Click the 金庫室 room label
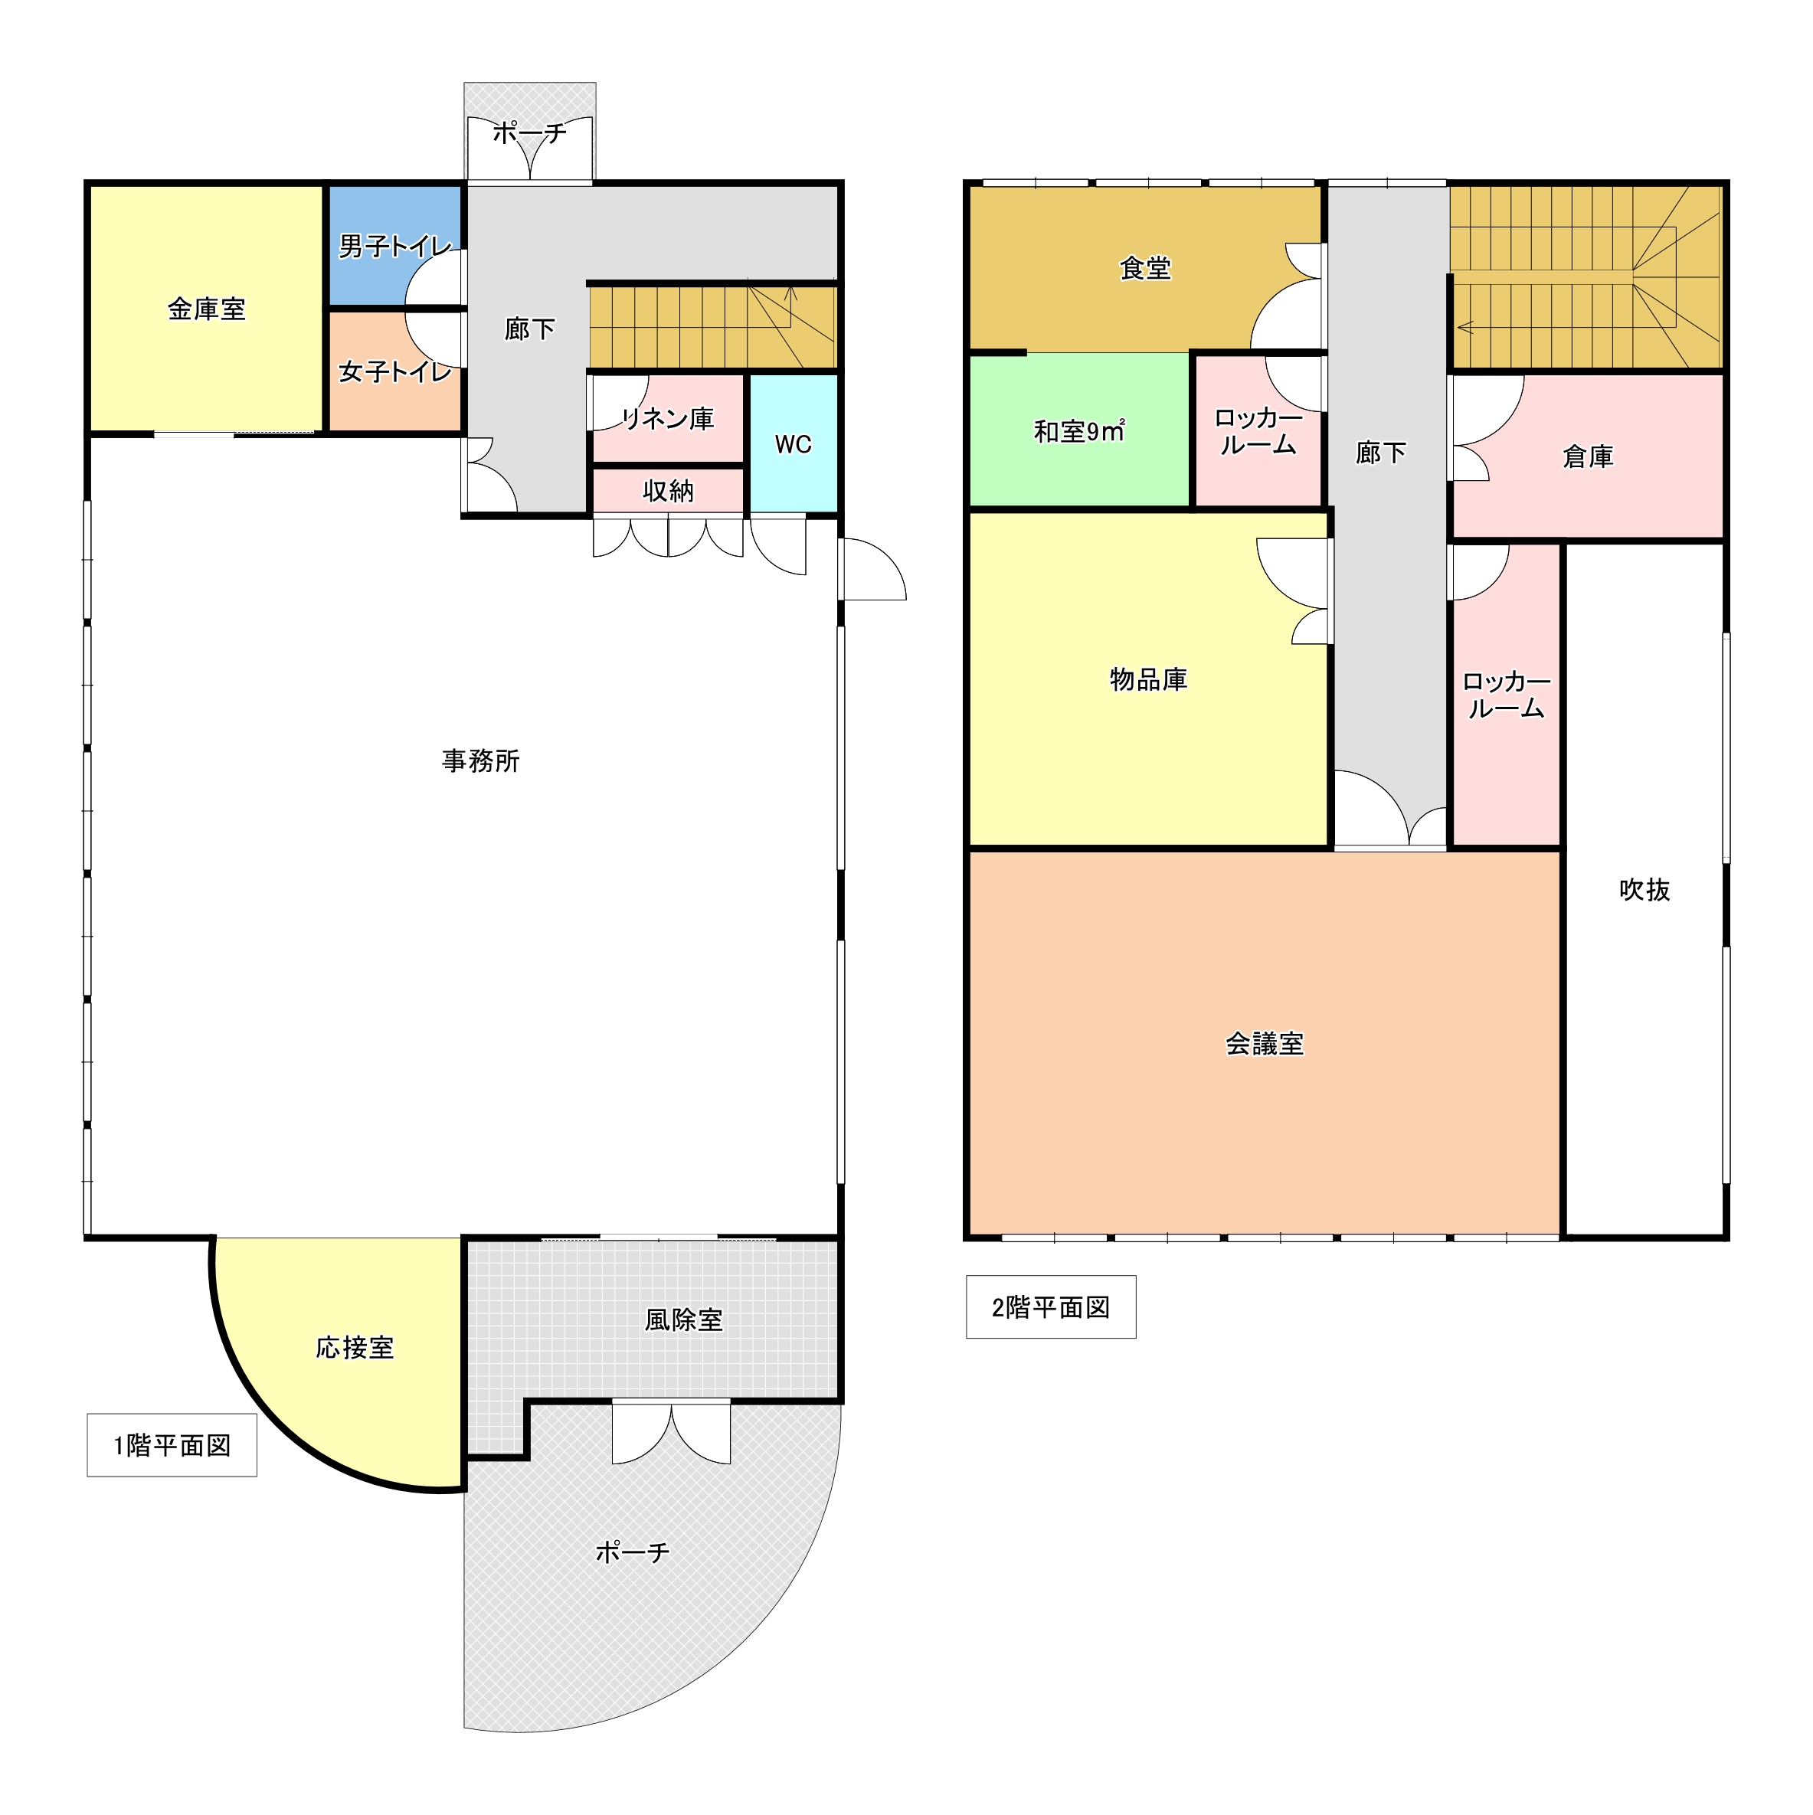(207, 309)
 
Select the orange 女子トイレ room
(394, 372)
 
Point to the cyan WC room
(794, 443)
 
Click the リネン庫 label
(668, 418)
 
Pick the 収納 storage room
(668, 490)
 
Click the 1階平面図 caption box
(172, 1445)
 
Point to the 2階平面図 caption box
(1051, 1306)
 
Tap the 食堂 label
(1146, 269)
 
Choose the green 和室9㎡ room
(1080, 431)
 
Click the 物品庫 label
(1149, 679)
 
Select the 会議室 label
(1265, 1044)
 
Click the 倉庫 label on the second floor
(1589, 456)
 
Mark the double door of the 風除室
(672, 1434)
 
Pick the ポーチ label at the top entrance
(530, 132)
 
